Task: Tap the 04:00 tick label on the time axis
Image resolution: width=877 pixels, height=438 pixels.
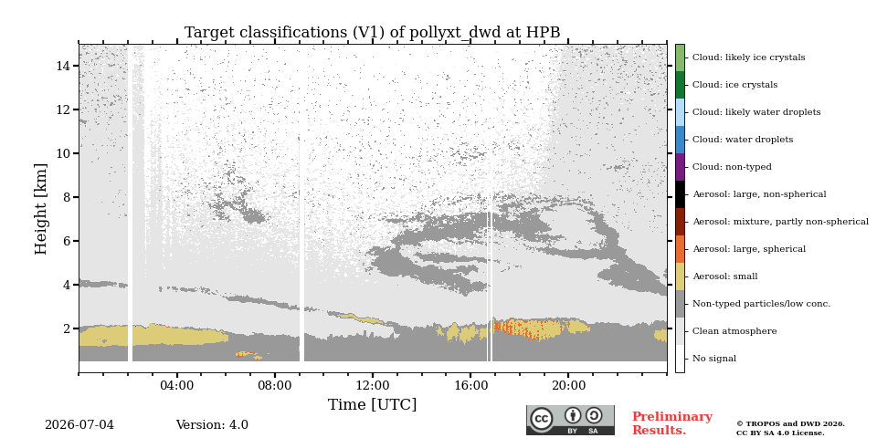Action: tap(177, 385)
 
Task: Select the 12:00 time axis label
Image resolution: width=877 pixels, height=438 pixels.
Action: tap(373, 385)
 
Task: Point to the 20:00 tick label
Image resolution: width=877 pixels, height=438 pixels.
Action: tap(568, 385)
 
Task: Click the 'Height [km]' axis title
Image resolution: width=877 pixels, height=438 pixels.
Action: tap(41, 209)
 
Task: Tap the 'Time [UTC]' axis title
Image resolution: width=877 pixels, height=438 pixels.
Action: tap(373, 404)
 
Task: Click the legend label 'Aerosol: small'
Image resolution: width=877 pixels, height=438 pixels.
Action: tap(724, 276)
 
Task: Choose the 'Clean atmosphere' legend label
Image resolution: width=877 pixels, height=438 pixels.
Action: tap(734, 331)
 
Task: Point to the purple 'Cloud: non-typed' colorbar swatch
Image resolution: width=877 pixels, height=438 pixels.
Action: tap(680, 167)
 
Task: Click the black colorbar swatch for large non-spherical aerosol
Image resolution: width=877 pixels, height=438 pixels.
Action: tap(680, 194)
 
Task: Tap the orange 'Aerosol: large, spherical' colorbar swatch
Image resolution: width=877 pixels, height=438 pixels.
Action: tap(680, 249)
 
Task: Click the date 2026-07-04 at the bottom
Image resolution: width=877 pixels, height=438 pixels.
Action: tap(79, 425)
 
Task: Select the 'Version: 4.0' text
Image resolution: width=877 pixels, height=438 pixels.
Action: tap(212, 425)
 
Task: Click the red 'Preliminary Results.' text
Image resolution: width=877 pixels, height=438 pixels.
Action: tap(672, 423)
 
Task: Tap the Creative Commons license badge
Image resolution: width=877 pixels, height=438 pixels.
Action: tap(570, 420)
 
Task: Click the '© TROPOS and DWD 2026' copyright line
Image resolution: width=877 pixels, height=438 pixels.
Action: tap(790, 424)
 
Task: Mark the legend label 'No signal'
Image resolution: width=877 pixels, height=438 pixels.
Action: tap(714, 359)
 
